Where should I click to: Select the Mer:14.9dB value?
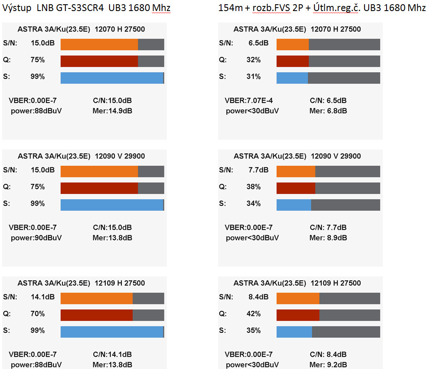pos(112,111)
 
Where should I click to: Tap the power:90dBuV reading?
pos(36,238)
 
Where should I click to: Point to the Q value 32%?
pos(253,60)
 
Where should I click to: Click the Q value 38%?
pos(253,187)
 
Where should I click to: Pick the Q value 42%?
pos(253,314)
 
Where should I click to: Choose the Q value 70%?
pos(37,314)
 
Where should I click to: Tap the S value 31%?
pos(253,77)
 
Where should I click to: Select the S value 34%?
pos(253,203)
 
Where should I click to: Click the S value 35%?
pos(253,330)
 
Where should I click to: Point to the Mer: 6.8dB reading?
pos(328,111)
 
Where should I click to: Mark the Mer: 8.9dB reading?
pos(328,238)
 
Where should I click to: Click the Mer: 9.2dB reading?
pos(328,365)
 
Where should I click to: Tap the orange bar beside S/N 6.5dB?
pos(292,45)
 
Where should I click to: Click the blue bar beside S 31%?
pos(292,78)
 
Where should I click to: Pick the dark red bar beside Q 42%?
pos(298,315)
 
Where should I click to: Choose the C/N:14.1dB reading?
pos(112,355)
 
